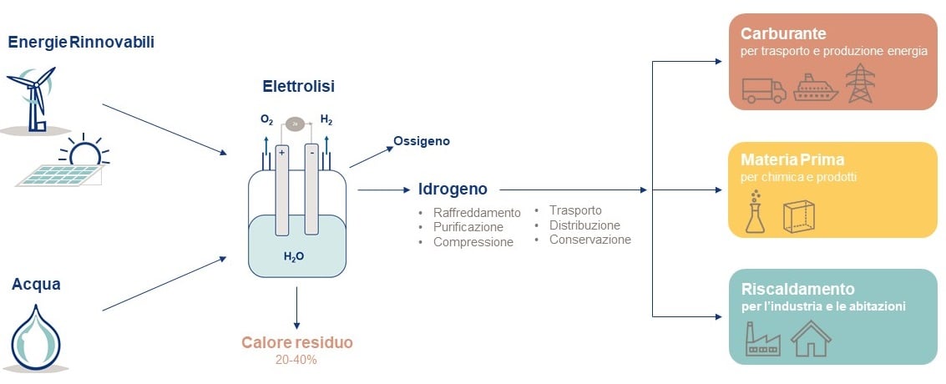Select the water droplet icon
click(36, 338)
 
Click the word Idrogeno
click(453, 189)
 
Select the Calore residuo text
click(297, 342)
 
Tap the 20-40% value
click(296, 360)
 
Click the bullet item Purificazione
click(468, 227)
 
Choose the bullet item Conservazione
click(589, 240)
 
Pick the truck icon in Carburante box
click(763, 89)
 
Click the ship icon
click(814, 88)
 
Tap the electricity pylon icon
click(860, 83)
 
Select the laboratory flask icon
click(756, 213)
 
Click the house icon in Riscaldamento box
click(811, 338)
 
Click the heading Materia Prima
click(792, 159)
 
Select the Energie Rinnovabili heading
click(81, 42)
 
